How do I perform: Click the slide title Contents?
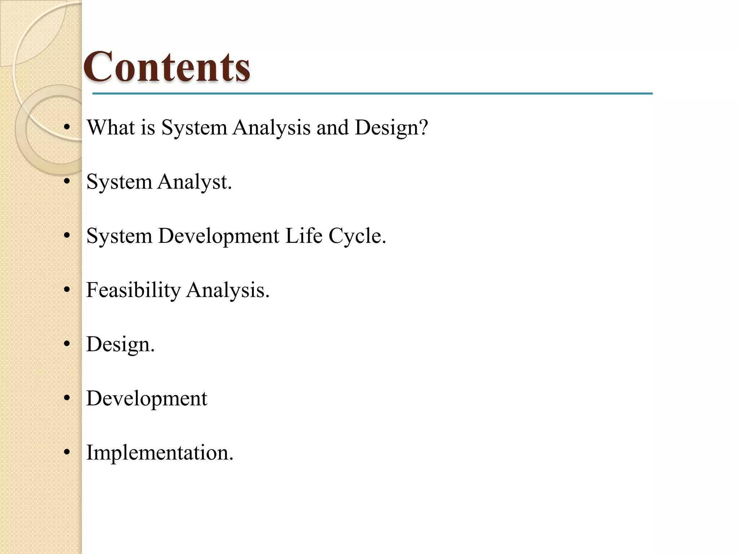[x=167, y=67]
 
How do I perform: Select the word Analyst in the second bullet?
[x=194, y=182]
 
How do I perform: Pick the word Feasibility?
[x=133, y=290]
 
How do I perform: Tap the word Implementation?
[x=159, y=453]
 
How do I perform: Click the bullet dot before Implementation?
[x=66, y=452]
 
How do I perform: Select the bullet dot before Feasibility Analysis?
[x=66, y=290]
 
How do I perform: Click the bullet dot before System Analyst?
[x=66, y=182]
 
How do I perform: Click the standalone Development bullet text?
[x=147, y=399]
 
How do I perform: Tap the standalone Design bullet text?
[x=120, y=345]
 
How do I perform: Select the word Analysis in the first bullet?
[x=271, y=128]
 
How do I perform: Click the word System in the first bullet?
[x=194, y=128]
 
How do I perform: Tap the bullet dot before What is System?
[x=66, y=127]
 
